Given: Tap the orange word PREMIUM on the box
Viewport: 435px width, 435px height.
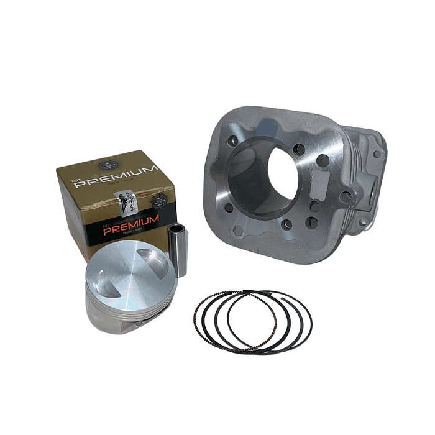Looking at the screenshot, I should pos(131,224).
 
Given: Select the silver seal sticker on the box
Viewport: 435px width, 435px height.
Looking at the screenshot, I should pos(122,199).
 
